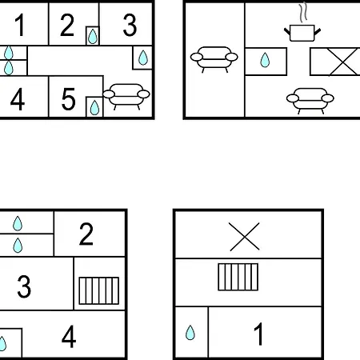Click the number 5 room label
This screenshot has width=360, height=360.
[x=68, y=99]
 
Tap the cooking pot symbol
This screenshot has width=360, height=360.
[x=302, y=33]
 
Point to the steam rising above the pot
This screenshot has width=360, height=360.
[x=303, y=12]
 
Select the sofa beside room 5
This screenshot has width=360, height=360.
[x=126, y=97]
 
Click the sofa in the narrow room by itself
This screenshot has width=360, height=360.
[x=214, y=59]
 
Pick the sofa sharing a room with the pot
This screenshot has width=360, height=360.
[x=310, y=101]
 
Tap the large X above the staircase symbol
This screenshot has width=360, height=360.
[x=245, y=237]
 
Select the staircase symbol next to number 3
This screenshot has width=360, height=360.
[x=99, y=290]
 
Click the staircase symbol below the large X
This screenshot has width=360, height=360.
[x=238, y=277]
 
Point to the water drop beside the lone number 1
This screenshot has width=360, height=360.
[x=190, y=332]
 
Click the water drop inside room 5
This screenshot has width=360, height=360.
[x=94, y=107]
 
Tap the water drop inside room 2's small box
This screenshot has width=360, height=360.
[x=93, y=36]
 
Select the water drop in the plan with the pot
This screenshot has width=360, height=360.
[x=265, y=60]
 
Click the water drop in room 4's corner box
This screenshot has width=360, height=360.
[x=2, y=343]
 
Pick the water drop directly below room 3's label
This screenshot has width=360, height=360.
[x=143, y=58]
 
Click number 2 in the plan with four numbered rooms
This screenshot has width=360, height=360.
[x=86, y=234]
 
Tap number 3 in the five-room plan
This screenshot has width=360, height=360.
[x=130, y=26]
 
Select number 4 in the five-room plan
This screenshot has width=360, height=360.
[x=18, y=99]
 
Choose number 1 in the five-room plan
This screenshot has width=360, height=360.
[x=20, y=25]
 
